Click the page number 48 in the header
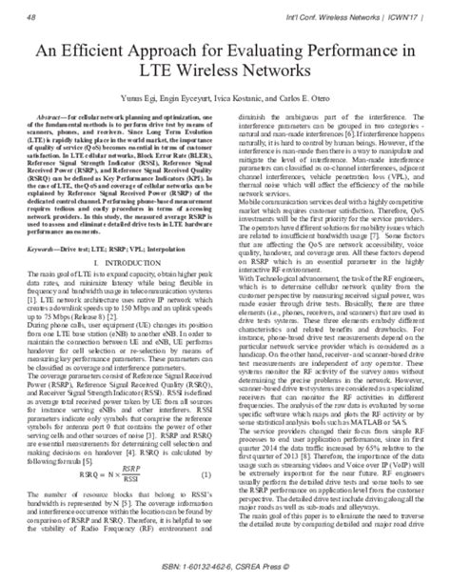pos(32,15)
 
